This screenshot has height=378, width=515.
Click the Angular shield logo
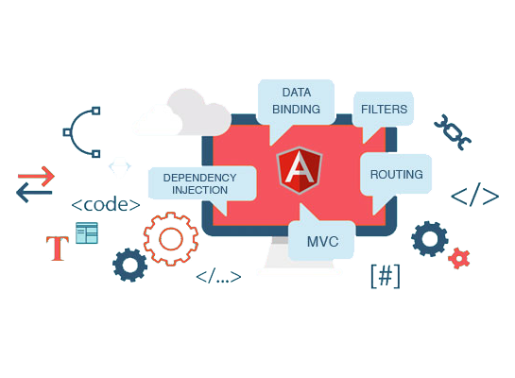click(x=300, y=170)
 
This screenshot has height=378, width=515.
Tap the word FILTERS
click(x=384, y=109)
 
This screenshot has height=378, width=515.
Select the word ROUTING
click(x=397, y=175)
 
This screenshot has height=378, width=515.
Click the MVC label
click(x=322, y=242)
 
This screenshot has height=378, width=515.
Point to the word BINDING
click(x=297, y=109)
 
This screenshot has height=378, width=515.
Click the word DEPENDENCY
click(x=199, y=178)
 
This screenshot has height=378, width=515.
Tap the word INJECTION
click(x=199, y=190)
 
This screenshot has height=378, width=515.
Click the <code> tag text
click(x=106, y=205)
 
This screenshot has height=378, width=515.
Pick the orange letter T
click(x=58, y=249)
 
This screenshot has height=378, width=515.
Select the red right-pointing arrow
click(x=36, y=177)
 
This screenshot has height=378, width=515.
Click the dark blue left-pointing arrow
click(x=34, y=193)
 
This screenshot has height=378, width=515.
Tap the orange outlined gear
click(x=171, y=239)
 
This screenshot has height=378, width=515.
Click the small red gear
click(x=459, y=258)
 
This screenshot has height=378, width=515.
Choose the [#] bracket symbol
click(x=386, y=276)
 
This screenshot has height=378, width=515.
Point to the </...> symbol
click(x=218, y=277)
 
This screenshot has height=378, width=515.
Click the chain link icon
click(x=453, y=132)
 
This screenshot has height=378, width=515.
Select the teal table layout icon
click(x=87, y=233)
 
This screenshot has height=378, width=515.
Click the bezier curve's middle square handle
click(x=67, y=132)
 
